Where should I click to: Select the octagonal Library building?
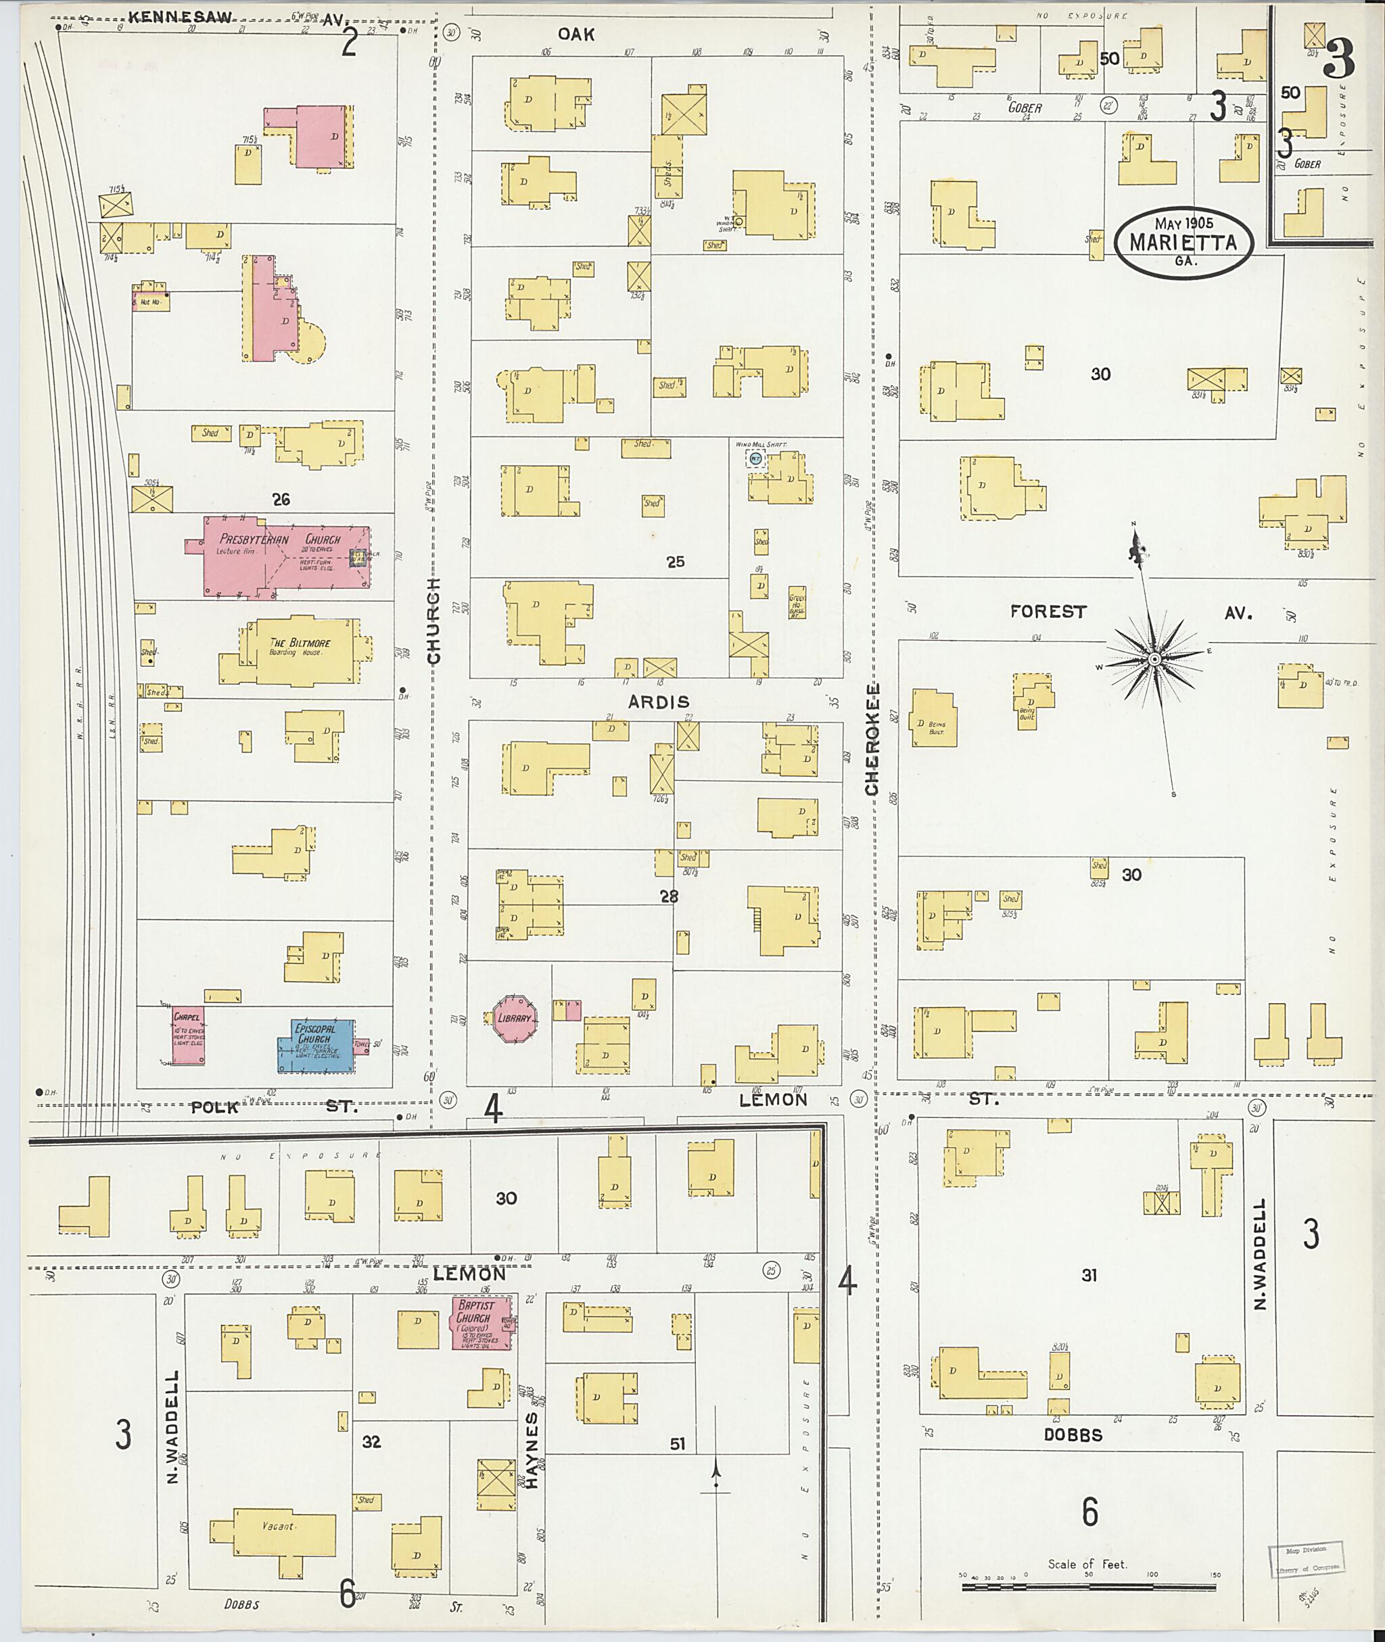tap(514, 1019)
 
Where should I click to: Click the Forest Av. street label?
tap(1048, 611)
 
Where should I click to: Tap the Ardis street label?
tap(658, 702)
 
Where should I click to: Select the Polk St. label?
tap(271, 1107)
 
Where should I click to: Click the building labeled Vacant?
tap(273, 1527)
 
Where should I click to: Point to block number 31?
tap(1088, 1276)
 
